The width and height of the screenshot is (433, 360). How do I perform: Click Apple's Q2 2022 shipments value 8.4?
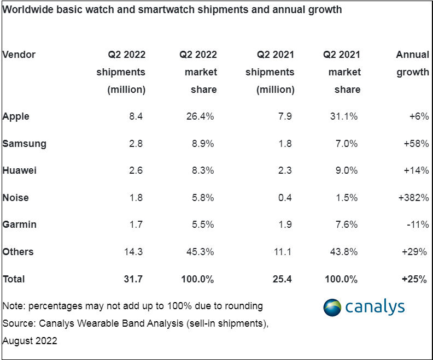click(136, 116)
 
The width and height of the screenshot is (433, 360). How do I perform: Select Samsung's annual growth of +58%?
click(416, 144)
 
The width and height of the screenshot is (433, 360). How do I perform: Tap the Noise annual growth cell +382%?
click(413, 198)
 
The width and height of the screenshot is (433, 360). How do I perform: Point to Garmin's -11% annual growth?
click(418, 225)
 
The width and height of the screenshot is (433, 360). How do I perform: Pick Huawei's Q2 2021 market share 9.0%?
click(347, 170)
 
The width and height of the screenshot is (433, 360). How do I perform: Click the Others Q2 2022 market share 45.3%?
click(200, 252)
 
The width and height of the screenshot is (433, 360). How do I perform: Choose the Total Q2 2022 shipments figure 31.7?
click(133, 279)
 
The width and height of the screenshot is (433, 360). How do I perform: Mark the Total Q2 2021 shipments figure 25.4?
click(282, 279)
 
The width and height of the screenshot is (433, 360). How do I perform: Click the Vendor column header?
click(19, 54)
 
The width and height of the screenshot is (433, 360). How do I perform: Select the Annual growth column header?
click(413, 63)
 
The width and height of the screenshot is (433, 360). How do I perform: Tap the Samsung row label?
click(24, 144)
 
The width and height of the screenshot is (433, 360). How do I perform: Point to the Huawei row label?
click(19, 170)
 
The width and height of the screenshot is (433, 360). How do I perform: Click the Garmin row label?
click(19, 225)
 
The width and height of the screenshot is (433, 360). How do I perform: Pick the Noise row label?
click(15, 198)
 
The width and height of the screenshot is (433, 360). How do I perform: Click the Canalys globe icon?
click(332, 308)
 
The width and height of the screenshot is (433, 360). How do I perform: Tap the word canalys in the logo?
click(375, 307)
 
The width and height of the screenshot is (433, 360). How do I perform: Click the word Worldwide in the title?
click(28, 10)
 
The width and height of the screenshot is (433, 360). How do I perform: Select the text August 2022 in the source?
click(30, 341)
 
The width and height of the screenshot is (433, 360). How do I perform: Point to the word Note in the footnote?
click(13, 306)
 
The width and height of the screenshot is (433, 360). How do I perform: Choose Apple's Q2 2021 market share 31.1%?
click(344, 116)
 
